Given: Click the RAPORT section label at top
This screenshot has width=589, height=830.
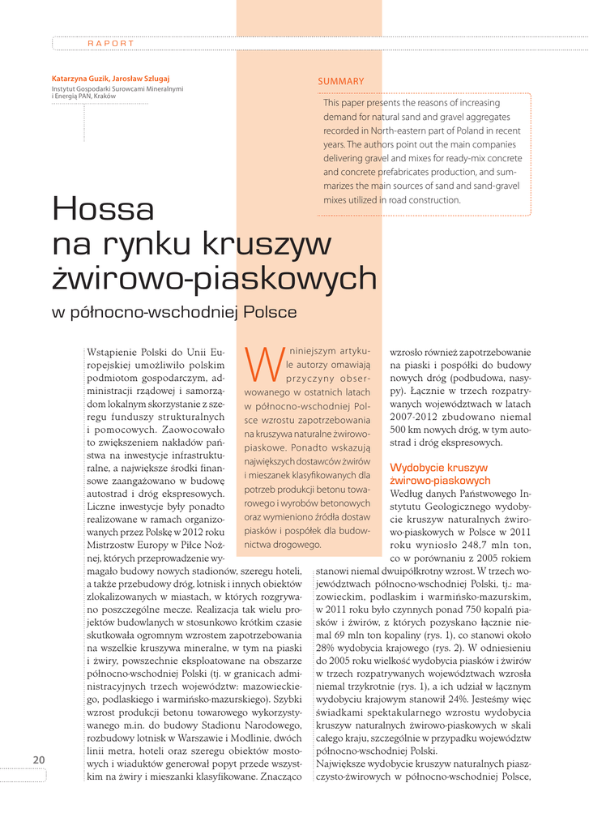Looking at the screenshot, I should [x=111, y=43].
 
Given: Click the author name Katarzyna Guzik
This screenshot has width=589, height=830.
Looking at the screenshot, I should [x=79, y=79].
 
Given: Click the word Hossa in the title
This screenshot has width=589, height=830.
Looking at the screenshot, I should [x=103, y=209].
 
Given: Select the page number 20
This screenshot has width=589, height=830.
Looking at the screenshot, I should [x=39, y=759].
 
